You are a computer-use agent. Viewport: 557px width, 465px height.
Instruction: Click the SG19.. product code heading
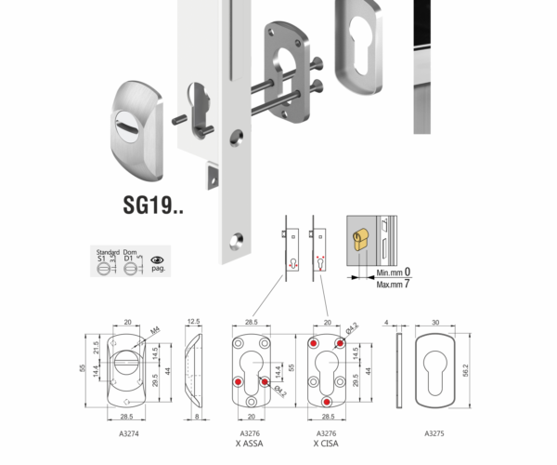pyautogui.click(x=153, y=206)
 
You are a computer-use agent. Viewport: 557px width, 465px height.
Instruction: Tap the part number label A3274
pyautogui.click(x=131, y=433)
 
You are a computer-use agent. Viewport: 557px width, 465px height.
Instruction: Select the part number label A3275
pyautogui.click(x=434, y=433)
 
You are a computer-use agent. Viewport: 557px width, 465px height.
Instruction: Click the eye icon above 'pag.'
pyautogui.click(x=157, y=260)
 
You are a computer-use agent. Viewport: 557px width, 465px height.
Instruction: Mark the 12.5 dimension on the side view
pyautogui.click(x=193, y=322)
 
